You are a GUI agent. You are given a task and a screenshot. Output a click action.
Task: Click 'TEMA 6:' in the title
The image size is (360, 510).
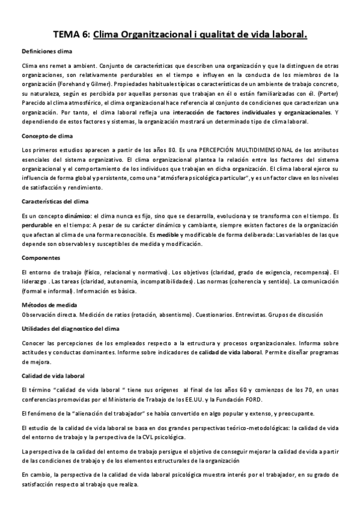click(72, 35)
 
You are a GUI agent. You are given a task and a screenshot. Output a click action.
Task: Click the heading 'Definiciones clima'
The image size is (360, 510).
click(47, 52)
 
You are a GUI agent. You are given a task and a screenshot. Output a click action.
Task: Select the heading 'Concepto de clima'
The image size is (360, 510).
click(47, 136)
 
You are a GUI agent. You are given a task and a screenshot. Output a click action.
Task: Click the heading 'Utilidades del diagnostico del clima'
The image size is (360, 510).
click(70, 328)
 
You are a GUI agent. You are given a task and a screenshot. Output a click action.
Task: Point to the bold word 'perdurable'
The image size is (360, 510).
click(36, 224)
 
